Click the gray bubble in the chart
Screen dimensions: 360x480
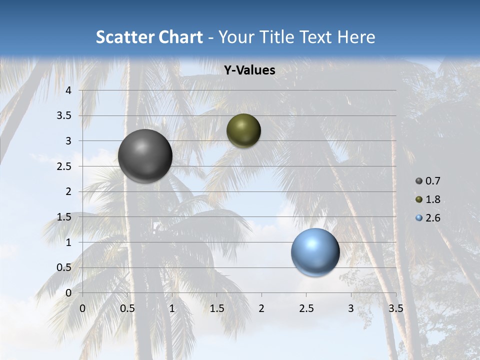click(145, 156)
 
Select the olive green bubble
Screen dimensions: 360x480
click(243, 130)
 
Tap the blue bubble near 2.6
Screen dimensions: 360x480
click(315, 252)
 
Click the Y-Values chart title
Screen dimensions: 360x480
click(249, 70)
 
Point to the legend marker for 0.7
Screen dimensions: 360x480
click(419, 181)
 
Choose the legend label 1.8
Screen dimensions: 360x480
click(432, 199)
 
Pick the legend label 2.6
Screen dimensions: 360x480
click(432, 218)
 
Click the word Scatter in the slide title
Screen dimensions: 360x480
click(123, 37)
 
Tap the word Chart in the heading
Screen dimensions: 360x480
click(179, 37)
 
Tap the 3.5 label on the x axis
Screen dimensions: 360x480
click(395, 308)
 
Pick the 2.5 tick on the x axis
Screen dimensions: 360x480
click(306, 308)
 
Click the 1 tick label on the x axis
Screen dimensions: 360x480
click(172, 308)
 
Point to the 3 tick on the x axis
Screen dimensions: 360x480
click(351, 308)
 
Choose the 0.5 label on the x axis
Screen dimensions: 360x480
click(127, 308)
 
